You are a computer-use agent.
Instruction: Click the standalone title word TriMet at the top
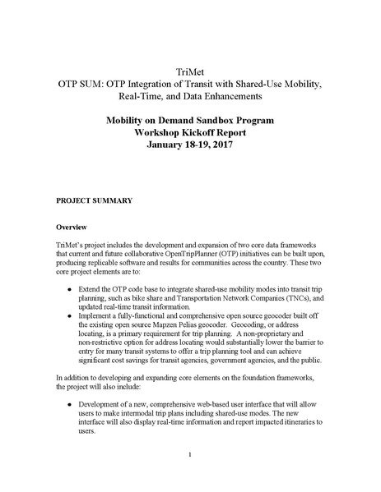pos(189,71)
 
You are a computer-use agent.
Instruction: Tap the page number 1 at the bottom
pos(189,455)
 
